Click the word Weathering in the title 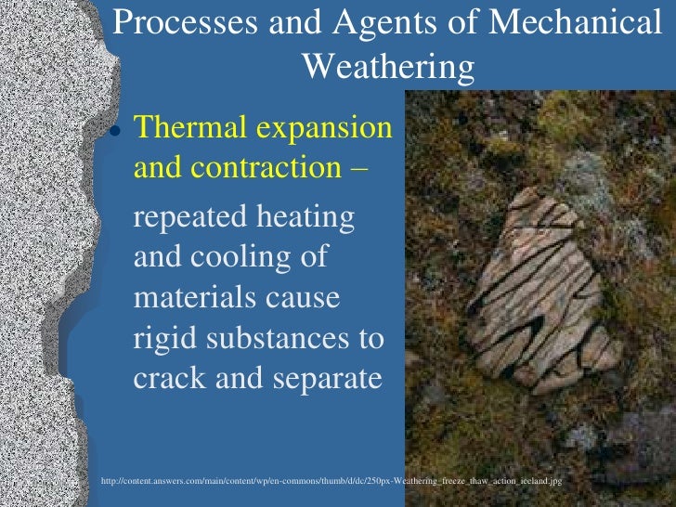click(389, 66)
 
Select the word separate click(320, 380)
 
